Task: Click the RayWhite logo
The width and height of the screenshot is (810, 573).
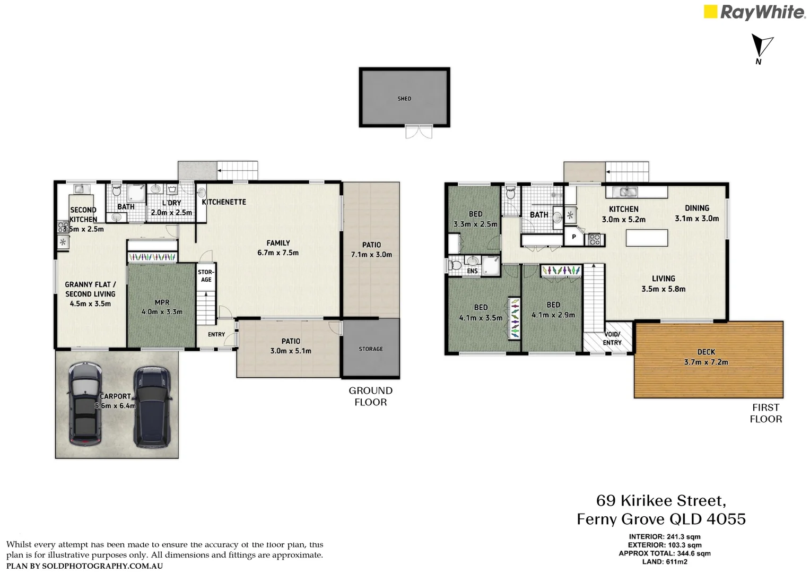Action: [754, 12]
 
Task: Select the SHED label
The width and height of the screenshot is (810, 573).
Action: [404, 99]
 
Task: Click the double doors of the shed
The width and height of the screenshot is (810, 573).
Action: [419, 132]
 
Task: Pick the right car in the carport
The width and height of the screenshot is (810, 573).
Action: [151, 406]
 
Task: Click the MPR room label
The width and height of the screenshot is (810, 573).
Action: [162, 307]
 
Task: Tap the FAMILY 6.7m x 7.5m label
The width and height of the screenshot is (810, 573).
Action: [278, 248]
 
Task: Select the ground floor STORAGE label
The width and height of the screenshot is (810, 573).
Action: [371, 349]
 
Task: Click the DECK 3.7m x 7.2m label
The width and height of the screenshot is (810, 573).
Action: [706, 357]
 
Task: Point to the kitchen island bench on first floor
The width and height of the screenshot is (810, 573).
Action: [647, 238]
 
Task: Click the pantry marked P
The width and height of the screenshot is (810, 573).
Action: [573, 237]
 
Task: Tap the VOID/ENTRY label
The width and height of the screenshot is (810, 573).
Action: [612, 338]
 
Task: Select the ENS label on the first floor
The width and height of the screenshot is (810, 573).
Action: [472, 271]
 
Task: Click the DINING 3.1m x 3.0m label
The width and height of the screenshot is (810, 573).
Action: [696, 213]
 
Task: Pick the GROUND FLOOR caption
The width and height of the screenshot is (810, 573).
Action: [370, 396]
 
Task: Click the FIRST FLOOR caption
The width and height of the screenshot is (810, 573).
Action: [765, 413]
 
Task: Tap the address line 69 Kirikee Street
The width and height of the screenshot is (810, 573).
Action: [661, 501]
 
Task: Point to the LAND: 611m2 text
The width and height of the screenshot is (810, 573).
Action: [664, 562]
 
